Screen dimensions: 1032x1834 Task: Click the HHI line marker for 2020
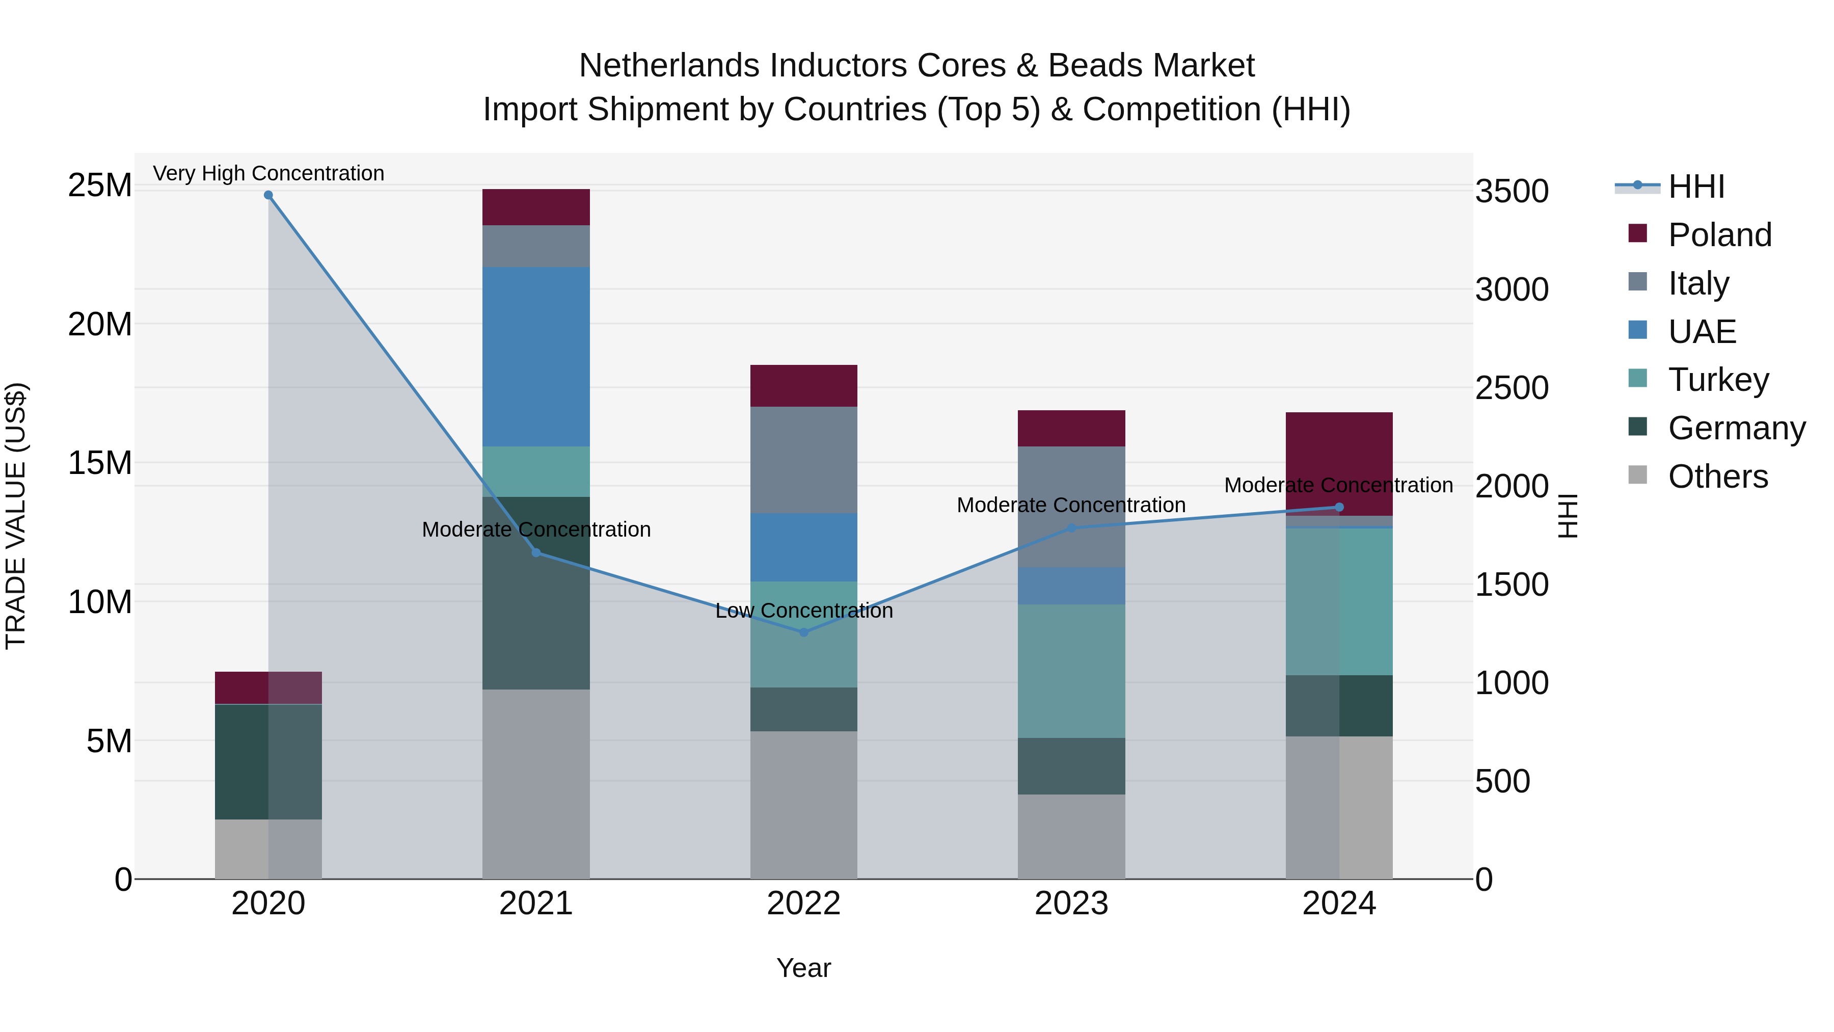pyautogui.click(x=268, y=195)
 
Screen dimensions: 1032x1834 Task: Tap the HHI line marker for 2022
pyautogui.click(x=804, y=632)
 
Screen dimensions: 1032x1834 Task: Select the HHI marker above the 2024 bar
pyautogui.click(x=1339, y=507)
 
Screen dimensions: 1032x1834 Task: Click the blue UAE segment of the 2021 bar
pyautogui.click(x=536, y=356)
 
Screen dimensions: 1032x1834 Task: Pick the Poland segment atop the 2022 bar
pyautogui.click(x=804, y=385)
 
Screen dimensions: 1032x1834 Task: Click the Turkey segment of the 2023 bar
pyautogui.click(x=1071, y=670)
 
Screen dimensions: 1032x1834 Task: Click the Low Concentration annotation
pyautogui.click(x=804, y=611)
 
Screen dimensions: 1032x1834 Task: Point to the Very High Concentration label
pyautogui.click(x=268, y=173)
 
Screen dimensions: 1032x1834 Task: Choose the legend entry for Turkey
pyautogui.click(x=1718, y=380)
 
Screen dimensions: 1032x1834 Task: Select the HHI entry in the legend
pyautogui.click(x=1696, y=187)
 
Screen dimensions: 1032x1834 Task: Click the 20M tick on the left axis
pyautogui.click(x=100, y=325)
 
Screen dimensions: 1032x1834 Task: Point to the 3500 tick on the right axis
pyautogui.click(x=1512, y=192)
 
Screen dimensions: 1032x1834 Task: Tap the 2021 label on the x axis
pyautogui.click(x=536, y=904)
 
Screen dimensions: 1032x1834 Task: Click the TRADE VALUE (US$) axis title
pyautogui.click(x=16, y=516)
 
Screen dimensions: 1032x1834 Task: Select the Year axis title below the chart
pyautogui.click(x=804, y=968)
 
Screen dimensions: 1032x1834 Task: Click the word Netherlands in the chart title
pyautogui.click(x=670, y=66)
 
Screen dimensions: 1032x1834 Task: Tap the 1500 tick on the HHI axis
pyautogui.click(x=1512, y=585)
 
